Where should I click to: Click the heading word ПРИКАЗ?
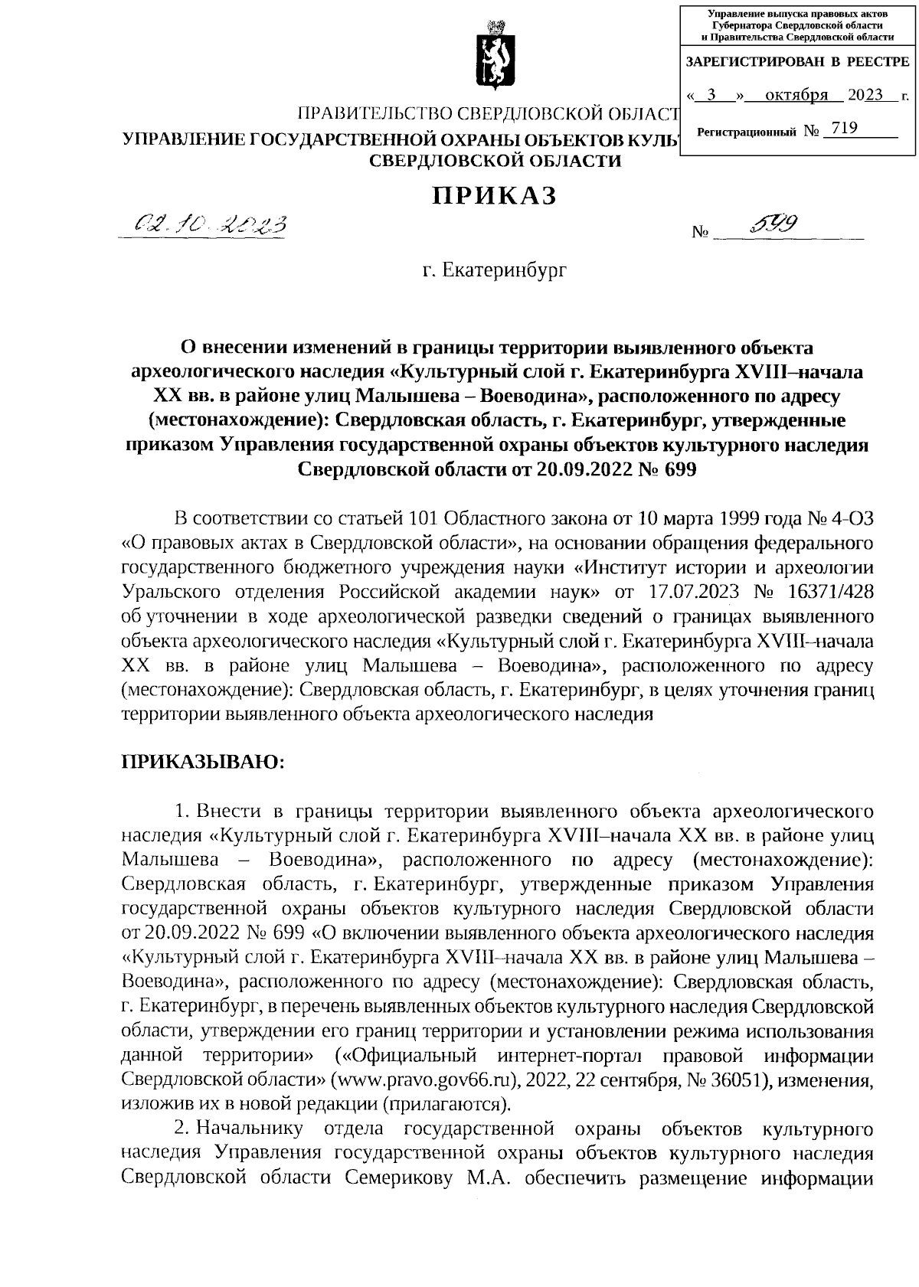click(494, 197)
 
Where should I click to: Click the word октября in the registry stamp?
click(796, 95)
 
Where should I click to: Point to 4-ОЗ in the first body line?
click(850, 520)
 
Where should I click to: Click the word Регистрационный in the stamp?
click(746, 132)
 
